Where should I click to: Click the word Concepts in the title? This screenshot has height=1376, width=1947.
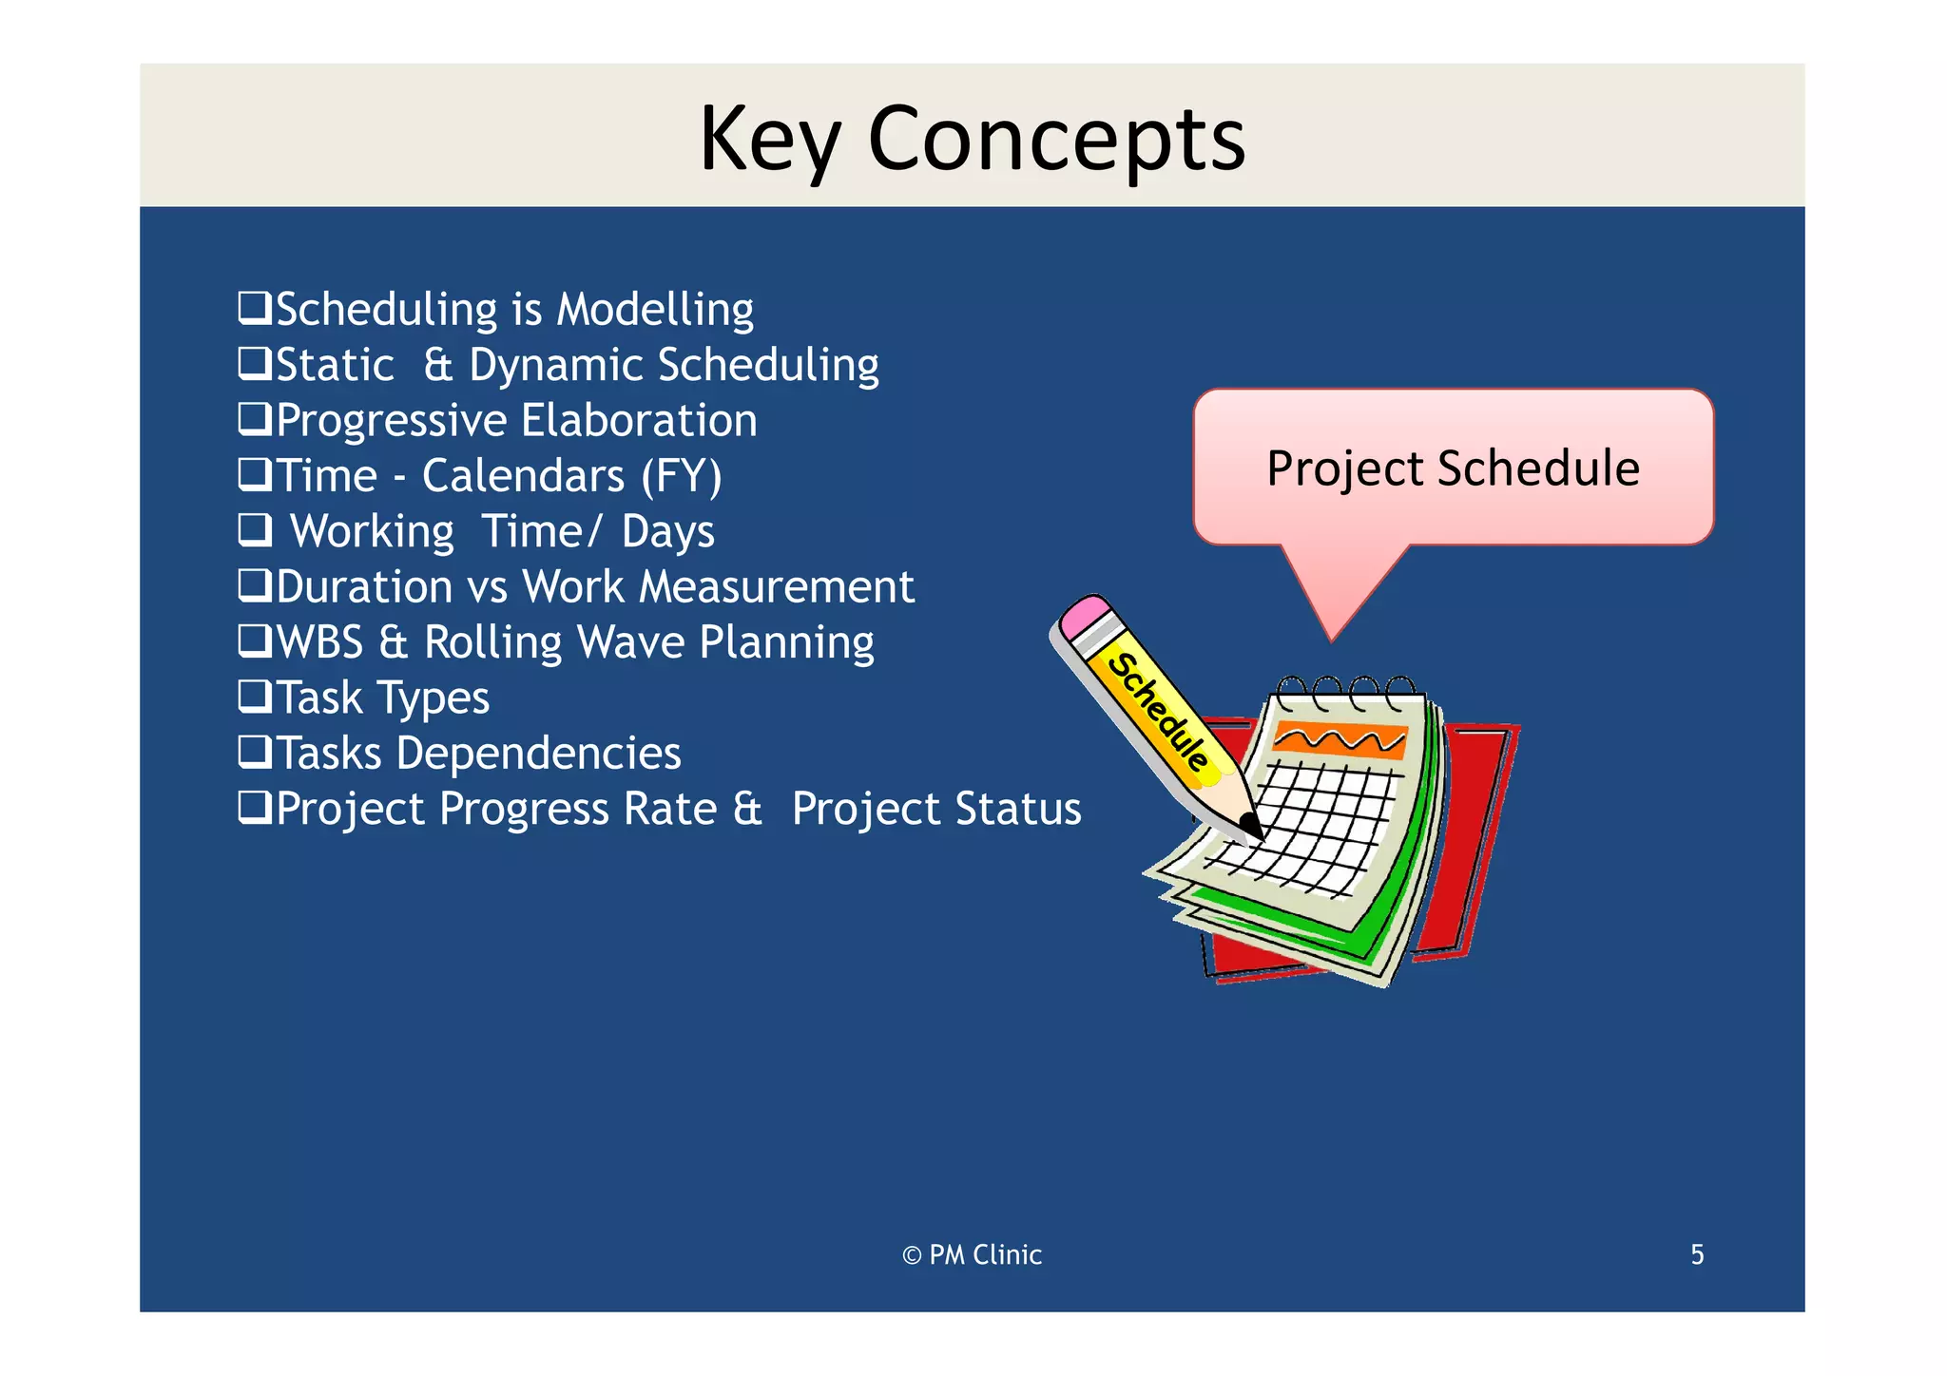click(x=1055, y=140)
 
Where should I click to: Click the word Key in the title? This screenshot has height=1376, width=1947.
click(x=769, y=140)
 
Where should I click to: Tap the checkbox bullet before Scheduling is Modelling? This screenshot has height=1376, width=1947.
click(x=254, y=309)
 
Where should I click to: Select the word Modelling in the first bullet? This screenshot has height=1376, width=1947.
click(x=655, y=310)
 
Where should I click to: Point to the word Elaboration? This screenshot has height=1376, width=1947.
click(x=639, y=421)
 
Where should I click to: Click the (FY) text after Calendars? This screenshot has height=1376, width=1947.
click(x=682, y=476)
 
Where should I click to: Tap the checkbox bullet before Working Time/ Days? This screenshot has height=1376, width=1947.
click(x=254, y=530)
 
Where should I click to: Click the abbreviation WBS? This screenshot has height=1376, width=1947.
click(x=319, y=642)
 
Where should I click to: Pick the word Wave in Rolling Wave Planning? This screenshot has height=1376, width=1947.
click(x=631, y=642)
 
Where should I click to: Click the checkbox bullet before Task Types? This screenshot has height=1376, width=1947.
click(x=254, y=697)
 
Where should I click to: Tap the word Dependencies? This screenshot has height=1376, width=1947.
click(x=539, y=754)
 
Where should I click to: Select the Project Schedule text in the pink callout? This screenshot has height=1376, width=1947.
click(x=1453, y=468)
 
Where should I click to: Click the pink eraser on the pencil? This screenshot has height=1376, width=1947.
click(x=1086, y=619)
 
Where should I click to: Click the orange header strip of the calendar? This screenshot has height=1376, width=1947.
click(x=1340, y=739)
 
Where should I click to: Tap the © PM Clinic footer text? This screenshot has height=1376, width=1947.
click(x=972, y=1255)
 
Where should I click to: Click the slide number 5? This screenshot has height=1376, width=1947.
click(x=1697, y=1255)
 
